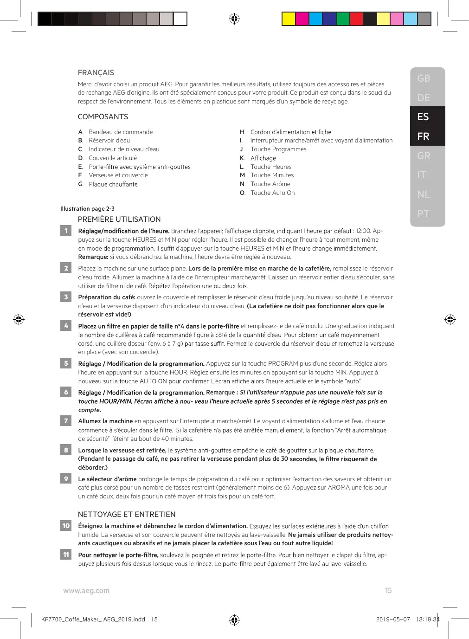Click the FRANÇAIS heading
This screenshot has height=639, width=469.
point(96,73)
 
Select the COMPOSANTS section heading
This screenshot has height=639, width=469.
point(103,117)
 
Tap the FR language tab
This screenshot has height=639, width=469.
point(423,136)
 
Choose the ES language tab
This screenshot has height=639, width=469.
point(423,117)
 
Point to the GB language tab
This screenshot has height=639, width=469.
point(424,78)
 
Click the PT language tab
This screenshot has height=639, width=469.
point(424,214)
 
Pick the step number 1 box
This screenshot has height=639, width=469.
point(66,231)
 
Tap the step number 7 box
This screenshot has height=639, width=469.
point(66,421)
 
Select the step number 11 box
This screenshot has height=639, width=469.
point(66,555)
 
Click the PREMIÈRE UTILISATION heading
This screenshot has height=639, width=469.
point(119,219)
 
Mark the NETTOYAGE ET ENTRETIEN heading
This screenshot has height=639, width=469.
point(127,515)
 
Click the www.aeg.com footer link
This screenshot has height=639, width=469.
point(86,591)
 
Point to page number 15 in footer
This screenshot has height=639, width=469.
point(388,591)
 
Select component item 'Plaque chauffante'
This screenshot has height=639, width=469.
point(113,184)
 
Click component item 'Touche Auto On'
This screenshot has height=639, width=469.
point(272,193)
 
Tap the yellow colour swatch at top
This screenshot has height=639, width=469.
point(289,19)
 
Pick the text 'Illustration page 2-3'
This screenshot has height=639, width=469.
point(87,209)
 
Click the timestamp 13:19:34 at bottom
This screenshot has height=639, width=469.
point(427,620)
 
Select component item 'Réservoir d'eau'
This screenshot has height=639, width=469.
point(109,141)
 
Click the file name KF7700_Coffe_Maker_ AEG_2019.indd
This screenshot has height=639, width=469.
point(93,620)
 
